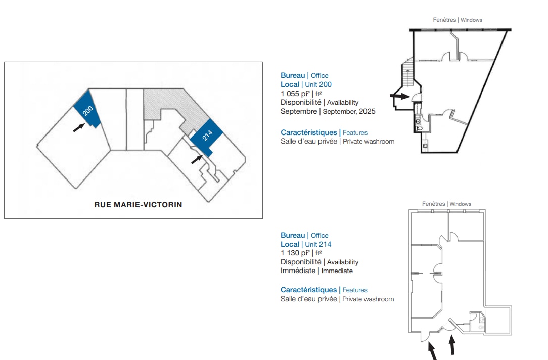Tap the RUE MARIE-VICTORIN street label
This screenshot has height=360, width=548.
(139, 205)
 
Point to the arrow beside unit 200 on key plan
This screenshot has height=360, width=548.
(79, 127)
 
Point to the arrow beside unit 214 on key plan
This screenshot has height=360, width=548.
(197, 159)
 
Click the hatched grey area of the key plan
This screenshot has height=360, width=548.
(175, 105)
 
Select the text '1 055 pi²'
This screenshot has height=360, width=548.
(295, 94)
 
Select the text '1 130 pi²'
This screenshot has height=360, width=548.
(295, 253)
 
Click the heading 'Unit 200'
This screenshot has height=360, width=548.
(318, 84)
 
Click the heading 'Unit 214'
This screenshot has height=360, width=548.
(318, 244)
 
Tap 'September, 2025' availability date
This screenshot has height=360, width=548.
(349, 112)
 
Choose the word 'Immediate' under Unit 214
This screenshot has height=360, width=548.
(337, 271)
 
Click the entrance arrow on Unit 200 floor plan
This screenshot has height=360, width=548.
(400, 96)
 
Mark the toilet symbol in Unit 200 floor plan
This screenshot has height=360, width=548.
(419, 128)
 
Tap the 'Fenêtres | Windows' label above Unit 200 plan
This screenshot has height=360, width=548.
(458, 20)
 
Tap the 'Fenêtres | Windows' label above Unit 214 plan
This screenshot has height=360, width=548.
(446, 204)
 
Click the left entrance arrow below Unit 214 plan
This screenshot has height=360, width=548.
(432, 351)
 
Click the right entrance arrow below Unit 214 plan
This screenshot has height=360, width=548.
(452, 345)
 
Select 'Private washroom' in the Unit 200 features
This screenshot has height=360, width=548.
(369, 142)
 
